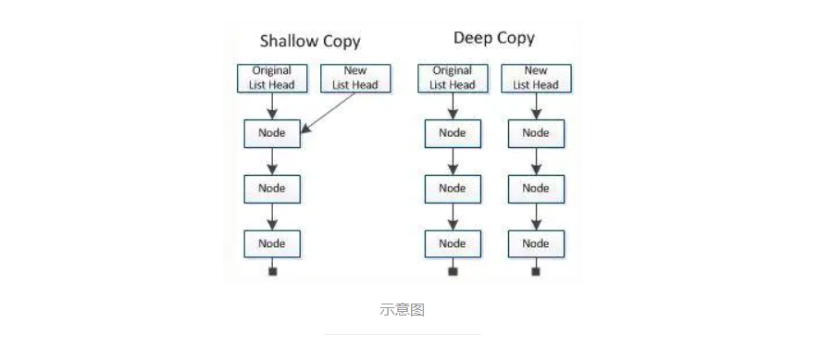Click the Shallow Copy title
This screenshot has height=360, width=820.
coord(309,41)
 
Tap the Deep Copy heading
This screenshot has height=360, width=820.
coord(493,38)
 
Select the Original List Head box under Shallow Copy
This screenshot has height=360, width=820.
coord(271,78)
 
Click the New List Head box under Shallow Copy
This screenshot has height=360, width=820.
coord(354,78)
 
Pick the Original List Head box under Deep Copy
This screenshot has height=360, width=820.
coord(453,78)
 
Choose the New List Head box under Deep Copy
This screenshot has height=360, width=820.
coord(536,78)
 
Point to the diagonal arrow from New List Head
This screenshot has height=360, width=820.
coord(330,113)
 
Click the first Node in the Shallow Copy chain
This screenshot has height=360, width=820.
coord(272,132)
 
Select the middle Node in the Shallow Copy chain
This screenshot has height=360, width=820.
coord(272,188)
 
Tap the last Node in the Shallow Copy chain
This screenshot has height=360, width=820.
coord(272,243)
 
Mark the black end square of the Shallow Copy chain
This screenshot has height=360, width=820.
coord(272,271)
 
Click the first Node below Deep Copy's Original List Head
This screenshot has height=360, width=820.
coord(453,132)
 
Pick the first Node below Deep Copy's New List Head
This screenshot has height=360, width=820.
coord(536,132)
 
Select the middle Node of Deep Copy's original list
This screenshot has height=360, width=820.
coord(453,188)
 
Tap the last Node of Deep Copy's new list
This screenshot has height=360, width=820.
coord(536,243)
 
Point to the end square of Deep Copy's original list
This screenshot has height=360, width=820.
coord(453,271)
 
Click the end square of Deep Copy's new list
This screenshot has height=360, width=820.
coord(536,271)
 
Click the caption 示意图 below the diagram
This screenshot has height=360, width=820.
coord(403,309)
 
